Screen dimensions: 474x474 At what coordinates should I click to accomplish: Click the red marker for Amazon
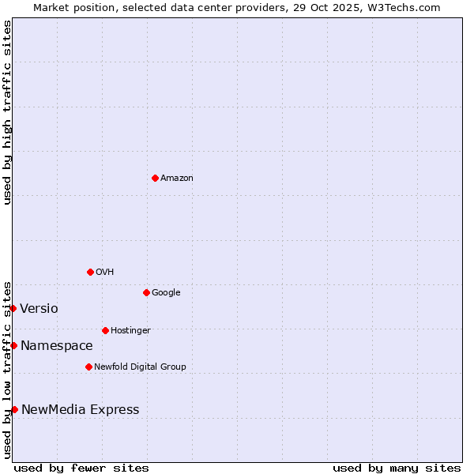[x=155, y=178]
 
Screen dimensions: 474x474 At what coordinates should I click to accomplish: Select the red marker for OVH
[x=90, y=272]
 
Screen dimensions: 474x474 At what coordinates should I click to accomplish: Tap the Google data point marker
[x=146, y=292]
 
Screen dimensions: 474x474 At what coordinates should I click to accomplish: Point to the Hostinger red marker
[x=105, y=330]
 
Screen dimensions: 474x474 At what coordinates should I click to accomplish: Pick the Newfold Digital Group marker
[x=88, y=367]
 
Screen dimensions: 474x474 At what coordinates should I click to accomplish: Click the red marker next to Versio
[x=13, y=308]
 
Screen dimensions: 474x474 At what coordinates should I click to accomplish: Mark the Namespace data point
[x=13, y=345]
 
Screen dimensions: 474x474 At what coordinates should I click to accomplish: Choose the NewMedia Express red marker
[x=14, y=409]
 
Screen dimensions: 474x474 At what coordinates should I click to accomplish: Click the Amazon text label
[x=177, y=179]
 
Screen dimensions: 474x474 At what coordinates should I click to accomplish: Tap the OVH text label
[x=105, y=273]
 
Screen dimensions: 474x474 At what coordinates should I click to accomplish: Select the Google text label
[x=166, y=293]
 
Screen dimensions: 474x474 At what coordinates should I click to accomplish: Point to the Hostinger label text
[x=130, y=331]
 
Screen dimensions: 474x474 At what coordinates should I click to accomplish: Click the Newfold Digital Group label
[x=140, y=367]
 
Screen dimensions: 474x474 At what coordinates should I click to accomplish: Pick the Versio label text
[x=39, y=309]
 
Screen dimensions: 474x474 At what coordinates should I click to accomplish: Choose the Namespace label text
[x=56, y=346]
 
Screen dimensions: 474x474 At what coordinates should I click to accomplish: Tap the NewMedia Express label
[x=80, y=410]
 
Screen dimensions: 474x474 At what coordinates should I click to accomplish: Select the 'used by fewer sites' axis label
[x=81, y=468]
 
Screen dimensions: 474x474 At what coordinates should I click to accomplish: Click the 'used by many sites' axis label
[x=397, y=468]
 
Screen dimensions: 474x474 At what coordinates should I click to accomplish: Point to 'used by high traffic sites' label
[x=8, y=112]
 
